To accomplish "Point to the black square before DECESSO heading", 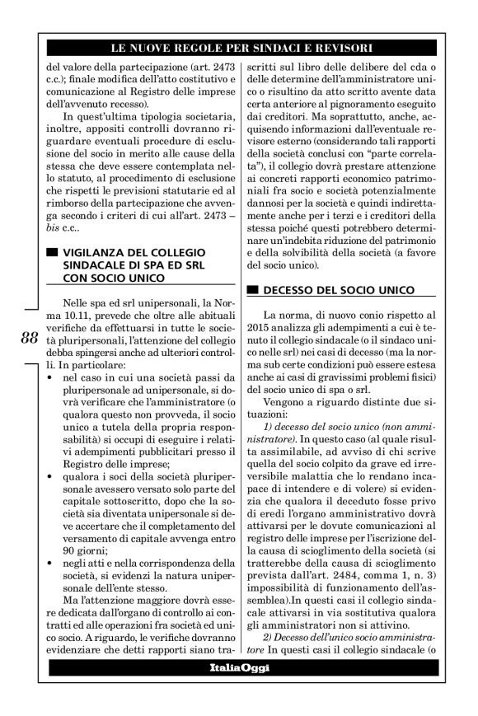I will [x=252, y=290].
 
